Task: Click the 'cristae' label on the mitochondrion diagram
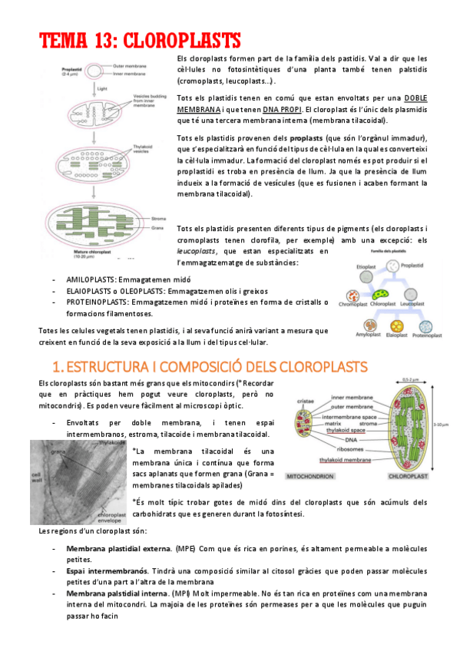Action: (306, 401)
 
